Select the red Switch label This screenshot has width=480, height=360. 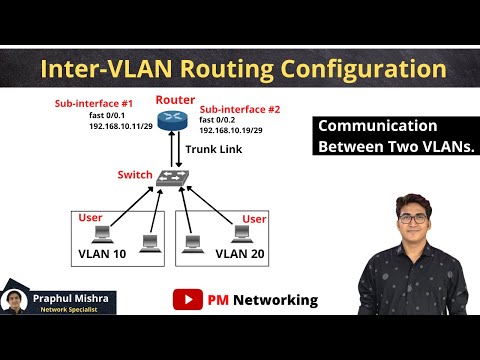[x=135, y=175]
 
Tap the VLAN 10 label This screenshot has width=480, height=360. [x=104, y=253]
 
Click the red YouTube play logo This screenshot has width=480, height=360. [x=185, y=299]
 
